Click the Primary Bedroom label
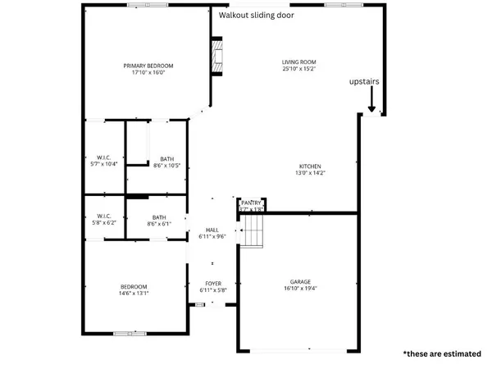click(148, 66)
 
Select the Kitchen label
click(309, 166)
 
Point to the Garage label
click(299, 280)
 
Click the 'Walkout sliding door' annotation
click(257, 15)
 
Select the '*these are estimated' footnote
click(441, 354)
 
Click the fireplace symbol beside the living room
click(216, 57)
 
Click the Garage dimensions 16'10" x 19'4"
click(299, 288)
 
